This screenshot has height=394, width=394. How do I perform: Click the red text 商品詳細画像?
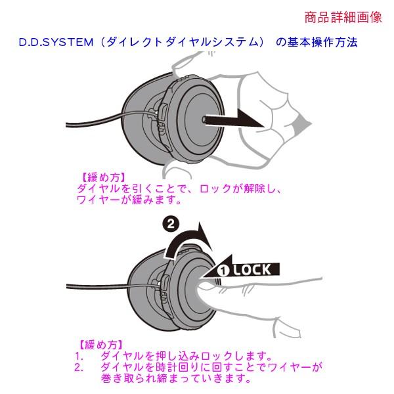(343, 18)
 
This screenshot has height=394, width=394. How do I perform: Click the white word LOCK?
(257, 269)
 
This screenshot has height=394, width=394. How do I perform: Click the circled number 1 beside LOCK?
(223, 270)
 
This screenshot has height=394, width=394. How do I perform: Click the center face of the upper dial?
(197, 118)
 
